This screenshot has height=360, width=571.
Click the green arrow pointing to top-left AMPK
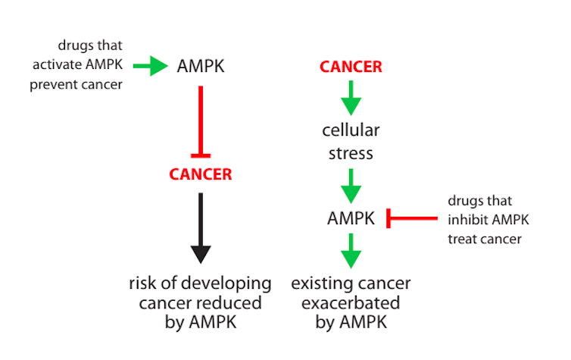151,66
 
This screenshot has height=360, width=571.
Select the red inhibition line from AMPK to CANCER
201,122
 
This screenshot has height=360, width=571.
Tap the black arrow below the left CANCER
201,228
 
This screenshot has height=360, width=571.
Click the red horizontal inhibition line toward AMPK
412,218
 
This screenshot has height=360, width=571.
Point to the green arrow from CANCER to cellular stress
351,98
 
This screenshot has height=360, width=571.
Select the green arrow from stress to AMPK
351,186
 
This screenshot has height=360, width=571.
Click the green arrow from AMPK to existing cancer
351,251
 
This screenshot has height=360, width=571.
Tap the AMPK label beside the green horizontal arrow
201,67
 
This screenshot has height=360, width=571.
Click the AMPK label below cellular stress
351,218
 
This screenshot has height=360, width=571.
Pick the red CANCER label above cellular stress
351,67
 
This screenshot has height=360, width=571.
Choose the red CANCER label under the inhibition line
201,174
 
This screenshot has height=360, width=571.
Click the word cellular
351,130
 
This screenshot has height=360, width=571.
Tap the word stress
351,153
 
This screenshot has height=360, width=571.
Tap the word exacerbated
351,303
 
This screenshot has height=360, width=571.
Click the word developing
226,284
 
